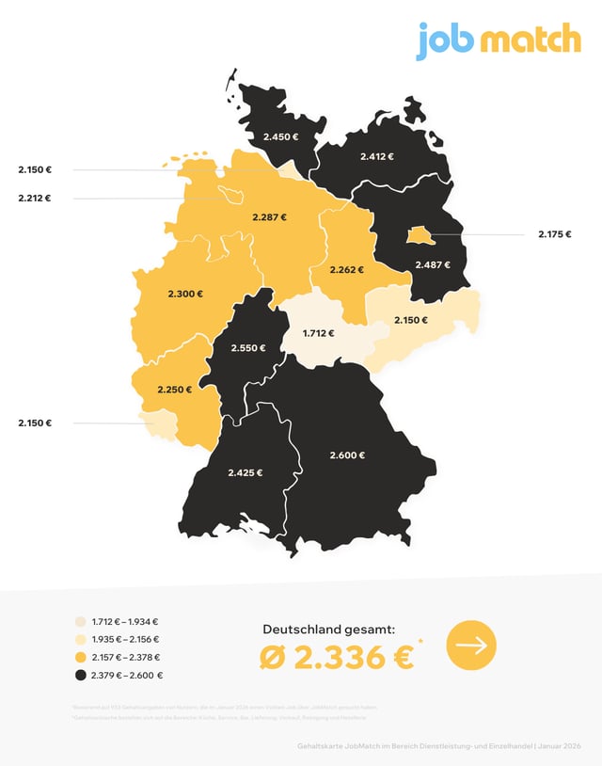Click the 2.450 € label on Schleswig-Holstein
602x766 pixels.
[x=280, y=137]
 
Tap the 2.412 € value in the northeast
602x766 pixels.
[x=377, y=156]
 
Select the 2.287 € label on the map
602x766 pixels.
[x=269, y=217]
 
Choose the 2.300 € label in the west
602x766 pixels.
[x=185, y=294]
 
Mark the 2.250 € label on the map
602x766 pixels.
[x=175, y=389]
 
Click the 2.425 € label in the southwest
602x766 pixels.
[x=245, y=472]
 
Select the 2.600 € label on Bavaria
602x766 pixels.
[x=347, y=455]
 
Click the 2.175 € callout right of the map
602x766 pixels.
[x=554, y=234]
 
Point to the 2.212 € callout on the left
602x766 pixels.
[x=34, y=199]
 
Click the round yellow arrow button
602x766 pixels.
[x=471, y=646]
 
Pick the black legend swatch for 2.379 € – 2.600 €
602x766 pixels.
[x=81, y=676]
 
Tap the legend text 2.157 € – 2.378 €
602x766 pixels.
[x=126, y=658]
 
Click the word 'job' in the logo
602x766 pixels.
[x=446, y=40]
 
